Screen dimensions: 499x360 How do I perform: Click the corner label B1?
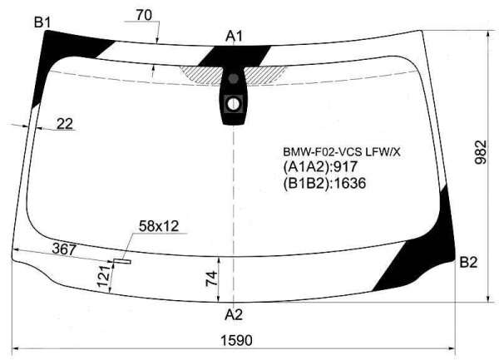point(42,22)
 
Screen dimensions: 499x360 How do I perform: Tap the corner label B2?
point(468,263)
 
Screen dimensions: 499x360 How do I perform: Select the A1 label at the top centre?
point(234,37)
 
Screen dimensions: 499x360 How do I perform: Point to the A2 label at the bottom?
point(234,314)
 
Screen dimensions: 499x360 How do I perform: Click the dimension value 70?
point(144,15)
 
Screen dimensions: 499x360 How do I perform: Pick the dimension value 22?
point(65,124)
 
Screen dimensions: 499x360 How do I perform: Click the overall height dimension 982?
point(481,152)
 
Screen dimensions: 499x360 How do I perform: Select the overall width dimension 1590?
point(236,340)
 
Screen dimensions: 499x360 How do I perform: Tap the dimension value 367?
point(64,249)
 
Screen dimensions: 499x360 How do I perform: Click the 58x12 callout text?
point(159,226)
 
